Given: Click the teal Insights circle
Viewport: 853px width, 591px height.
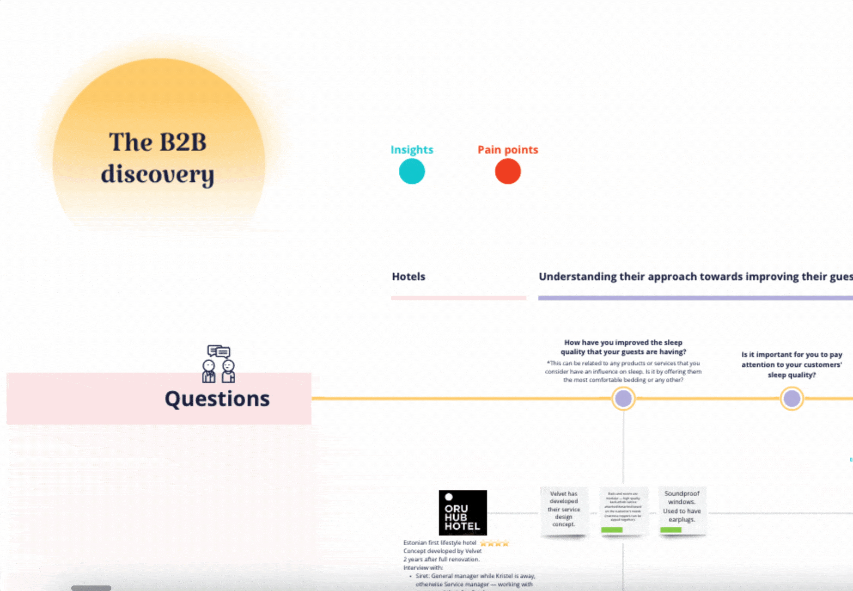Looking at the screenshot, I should [x=412, y=172].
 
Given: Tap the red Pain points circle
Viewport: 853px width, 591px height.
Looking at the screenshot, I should [x=508, y=172].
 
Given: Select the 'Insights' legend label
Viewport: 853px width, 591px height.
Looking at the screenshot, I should [x=412, y=150].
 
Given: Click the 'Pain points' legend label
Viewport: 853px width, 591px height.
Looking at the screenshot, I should [x=508, y=150].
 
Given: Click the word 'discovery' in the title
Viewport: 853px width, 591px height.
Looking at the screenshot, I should [x=158, y=175].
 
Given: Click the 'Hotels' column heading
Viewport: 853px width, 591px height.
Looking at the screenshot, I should [x=408, y=277].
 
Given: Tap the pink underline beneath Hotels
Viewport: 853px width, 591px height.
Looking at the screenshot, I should [x=458, y=298].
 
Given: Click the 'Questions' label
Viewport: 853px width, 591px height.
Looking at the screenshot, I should [x=217, y=399].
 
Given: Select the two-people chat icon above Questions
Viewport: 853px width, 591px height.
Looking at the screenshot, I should [x=219, y=364].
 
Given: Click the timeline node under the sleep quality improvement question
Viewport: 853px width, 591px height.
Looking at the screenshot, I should [x=623, y=399].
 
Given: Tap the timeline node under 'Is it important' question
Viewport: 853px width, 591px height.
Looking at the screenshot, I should [x=792, y=399].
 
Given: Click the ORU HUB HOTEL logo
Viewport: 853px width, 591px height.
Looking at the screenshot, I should [x=463, y=512].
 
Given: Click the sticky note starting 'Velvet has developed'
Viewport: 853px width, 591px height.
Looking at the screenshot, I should [x=564, y=509].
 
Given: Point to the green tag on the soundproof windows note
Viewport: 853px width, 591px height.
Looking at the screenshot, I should [x=671, y=530].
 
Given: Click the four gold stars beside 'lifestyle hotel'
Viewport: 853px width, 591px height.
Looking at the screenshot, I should [x=494, y=543].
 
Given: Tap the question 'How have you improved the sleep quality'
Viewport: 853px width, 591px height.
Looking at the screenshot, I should [x=623, y=347].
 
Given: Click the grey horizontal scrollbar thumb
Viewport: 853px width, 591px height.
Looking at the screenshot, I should [x=91, y=588].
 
